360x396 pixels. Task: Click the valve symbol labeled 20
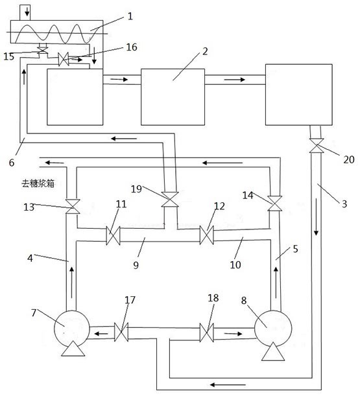pos(316,146)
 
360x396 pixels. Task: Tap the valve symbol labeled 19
pos(170,199)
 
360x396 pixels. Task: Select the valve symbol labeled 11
pos(113,235)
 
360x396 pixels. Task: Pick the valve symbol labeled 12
pos(206,235)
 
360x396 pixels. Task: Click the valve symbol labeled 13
pos(73,206)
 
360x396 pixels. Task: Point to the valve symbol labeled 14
pos(275,204)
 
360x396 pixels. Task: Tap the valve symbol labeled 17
pos(121,332)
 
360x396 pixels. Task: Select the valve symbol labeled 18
pos(206,332)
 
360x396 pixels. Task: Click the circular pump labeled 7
pos(72,329)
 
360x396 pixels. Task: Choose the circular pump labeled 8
pos(273,329)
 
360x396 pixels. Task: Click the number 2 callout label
pos(205,51)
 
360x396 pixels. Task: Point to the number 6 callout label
pos(12,163)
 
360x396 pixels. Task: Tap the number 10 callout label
pos(235,264)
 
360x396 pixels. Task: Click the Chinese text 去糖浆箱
pos(38,183)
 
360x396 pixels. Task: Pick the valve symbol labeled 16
pos(64,60)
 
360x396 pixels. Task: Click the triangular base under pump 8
pos(273,351)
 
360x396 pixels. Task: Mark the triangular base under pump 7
pos(73,349)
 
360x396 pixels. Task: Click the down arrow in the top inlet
pos(27,12)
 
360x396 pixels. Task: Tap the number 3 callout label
pos(344,204)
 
